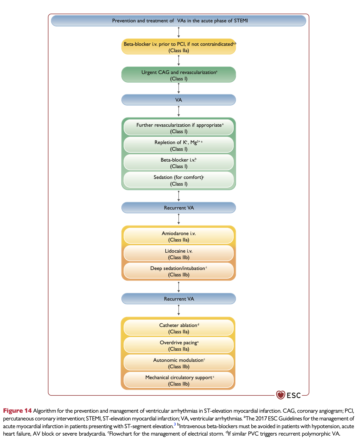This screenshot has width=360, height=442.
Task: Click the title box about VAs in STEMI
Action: pos(178,21)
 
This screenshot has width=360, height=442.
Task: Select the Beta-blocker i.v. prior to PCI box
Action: pos(178,47)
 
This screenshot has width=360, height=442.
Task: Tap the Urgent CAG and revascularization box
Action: pos(178,75)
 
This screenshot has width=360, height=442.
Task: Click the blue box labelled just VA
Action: pos(178,100)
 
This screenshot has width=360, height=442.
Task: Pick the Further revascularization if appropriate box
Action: pos(178,128)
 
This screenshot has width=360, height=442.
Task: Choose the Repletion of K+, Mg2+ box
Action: pos(178,145)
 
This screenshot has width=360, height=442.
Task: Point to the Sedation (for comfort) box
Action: pos(178,180)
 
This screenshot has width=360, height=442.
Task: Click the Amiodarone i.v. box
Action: pos(178,236)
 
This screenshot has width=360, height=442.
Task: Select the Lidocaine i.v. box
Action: pos(178,254)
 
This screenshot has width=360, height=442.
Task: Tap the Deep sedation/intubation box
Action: pos(178,271)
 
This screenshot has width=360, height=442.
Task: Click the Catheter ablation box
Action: pos(178,328)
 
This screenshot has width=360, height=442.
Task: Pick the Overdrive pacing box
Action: pos(178,345)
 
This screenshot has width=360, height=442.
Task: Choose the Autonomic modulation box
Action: pos(178,363)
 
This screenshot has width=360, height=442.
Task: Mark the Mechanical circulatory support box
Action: pos(178,380)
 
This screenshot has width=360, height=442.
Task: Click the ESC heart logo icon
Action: pos(280,395)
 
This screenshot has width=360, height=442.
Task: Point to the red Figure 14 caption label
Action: pos(17,411)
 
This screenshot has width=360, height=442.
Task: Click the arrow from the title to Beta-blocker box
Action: pos(179,32)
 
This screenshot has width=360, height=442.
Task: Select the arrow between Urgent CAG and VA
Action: pos(179,88)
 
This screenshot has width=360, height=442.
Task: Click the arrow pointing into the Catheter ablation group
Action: pos(179,310)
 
